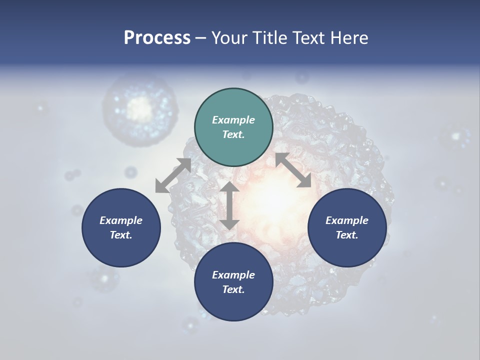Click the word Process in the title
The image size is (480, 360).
coord(157,38)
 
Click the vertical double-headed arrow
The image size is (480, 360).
coord(229,205)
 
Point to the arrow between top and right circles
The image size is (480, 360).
coord(293,170)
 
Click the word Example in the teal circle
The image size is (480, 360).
coord(233,120)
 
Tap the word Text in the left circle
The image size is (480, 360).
coord(121,235)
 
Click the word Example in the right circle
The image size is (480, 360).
coord(347,220)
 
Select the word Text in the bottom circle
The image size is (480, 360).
coord(233,289)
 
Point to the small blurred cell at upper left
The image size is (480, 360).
coord(140,107)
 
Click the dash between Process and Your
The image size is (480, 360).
coord(201,38)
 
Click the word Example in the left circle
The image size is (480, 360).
coord(121,220)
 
